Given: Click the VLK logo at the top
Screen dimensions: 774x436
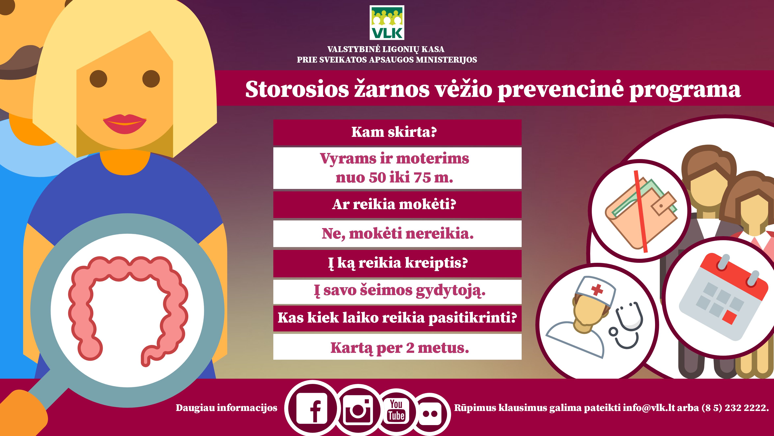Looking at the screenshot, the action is click(387, 23).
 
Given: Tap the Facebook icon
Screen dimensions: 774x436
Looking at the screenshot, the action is click(312, 408).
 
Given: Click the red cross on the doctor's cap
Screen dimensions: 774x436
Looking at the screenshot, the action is click(597, 289).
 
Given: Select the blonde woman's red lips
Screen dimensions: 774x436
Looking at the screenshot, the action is click(125, 123).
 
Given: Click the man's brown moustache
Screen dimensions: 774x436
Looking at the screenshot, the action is click(18, 62).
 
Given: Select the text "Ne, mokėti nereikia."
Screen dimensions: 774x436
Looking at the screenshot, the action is click(397, 234).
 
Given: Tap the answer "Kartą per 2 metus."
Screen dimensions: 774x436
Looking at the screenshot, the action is click(400, 348).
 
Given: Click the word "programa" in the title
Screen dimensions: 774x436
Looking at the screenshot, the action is click(685, 90).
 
